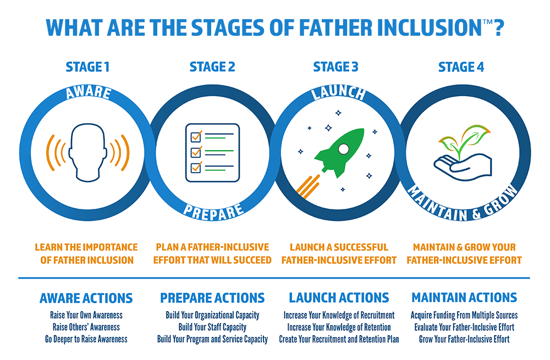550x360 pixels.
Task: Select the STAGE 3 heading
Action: click(x=335, y=67)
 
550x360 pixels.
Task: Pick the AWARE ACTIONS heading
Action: click(x=86, y=298)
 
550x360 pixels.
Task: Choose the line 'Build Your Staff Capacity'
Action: click(x=212, y=327)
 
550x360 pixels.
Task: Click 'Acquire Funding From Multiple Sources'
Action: click(x=464, y=315)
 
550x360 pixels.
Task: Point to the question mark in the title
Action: click(x=499, y=28)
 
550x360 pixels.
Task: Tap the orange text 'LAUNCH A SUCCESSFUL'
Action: click(x=339, y=247)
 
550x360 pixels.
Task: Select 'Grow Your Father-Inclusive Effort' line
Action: click(x=464, y=339)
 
